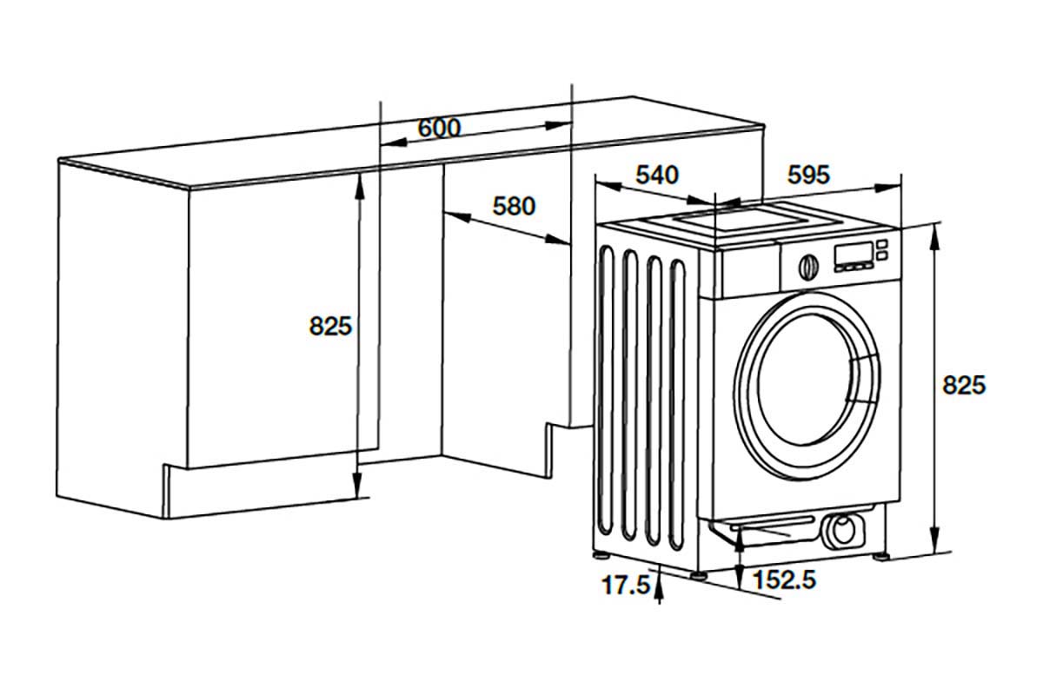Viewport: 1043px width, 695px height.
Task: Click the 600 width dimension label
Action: [439, 128]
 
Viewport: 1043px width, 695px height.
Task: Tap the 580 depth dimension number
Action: [514, 207]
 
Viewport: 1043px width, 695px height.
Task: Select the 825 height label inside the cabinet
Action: [330, 326]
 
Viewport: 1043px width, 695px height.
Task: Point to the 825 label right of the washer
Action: [964, 385]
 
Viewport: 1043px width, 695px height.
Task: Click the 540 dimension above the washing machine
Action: [656, 175]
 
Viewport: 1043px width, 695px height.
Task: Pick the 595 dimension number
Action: [808, 175]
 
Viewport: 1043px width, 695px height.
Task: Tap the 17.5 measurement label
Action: [627, 585]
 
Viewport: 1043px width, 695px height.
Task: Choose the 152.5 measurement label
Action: [784, 579]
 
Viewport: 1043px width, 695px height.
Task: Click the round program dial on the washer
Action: [807, 266]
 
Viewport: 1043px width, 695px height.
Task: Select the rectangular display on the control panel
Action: [852, 254]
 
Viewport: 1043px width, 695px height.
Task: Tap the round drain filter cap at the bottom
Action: [841, 529]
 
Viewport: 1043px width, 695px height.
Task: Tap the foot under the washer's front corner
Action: [700, 573]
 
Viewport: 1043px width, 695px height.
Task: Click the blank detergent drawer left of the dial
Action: [749, 271]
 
